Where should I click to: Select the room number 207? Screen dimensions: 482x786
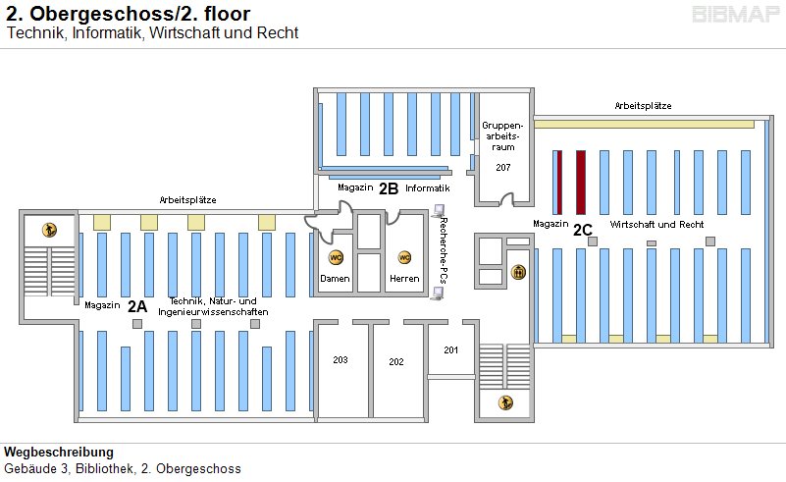click(x=503, y=168)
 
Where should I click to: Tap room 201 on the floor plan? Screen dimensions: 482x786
click(x=450, y=350)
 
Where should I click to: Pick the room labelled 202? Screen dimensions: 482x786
click(x=396, y=362)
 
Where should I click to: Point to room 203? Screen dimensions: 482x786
click(x=341, y=360)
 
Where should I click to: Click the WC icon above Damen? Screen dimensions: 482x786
click(x=336, y=257)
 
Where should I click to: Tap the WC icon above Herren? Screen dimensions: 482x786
click(x=403, y=257)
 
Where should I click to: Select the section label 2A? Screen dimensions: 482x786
click(x=137, y=305)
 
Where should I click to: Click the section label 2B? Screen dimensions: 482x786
click(x=389, y=187)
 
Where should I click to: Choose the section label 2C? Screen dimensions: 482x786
click(x=583, y=230)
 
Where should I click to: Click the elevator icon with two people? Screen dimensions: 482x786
click(x=519, y=272)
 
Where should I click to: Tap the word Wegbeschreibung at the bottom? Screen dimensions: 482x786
click(x=59, y=453)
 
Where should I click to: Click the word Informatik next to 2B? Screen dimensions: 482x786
click(x=427, y=187)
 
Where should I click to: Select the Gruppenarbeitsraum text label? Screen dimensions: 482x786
click(x=503, y=136)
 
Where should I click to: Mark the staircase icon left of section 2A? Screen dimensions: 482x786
click(x=49, y=230)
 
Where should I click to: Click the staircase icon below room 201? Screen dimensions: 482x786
click(x=505, y=402)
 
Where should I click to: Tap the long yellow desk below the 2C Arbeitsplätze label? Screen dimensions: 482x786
click(x=644, y=124)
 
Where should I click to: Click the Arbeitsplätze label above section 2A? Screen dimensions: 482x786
click(x=188, y=200)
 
